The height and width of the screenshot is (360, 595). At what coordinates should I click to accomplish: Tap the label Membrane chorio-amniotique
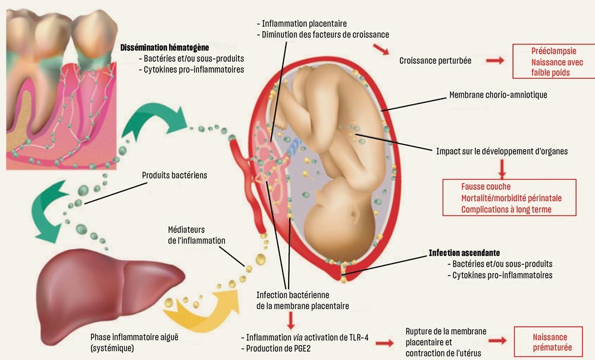(x=498, y=95)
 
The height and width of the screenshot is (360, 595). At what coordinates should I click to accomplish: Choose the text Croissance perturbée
(x=437, y=61)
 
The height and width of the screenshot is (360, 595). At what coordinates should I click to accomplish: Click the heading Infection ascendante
(x=464, y=253)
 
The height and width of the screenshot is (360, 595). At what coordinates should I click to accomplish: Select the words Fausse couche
(x=486, y=187)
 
